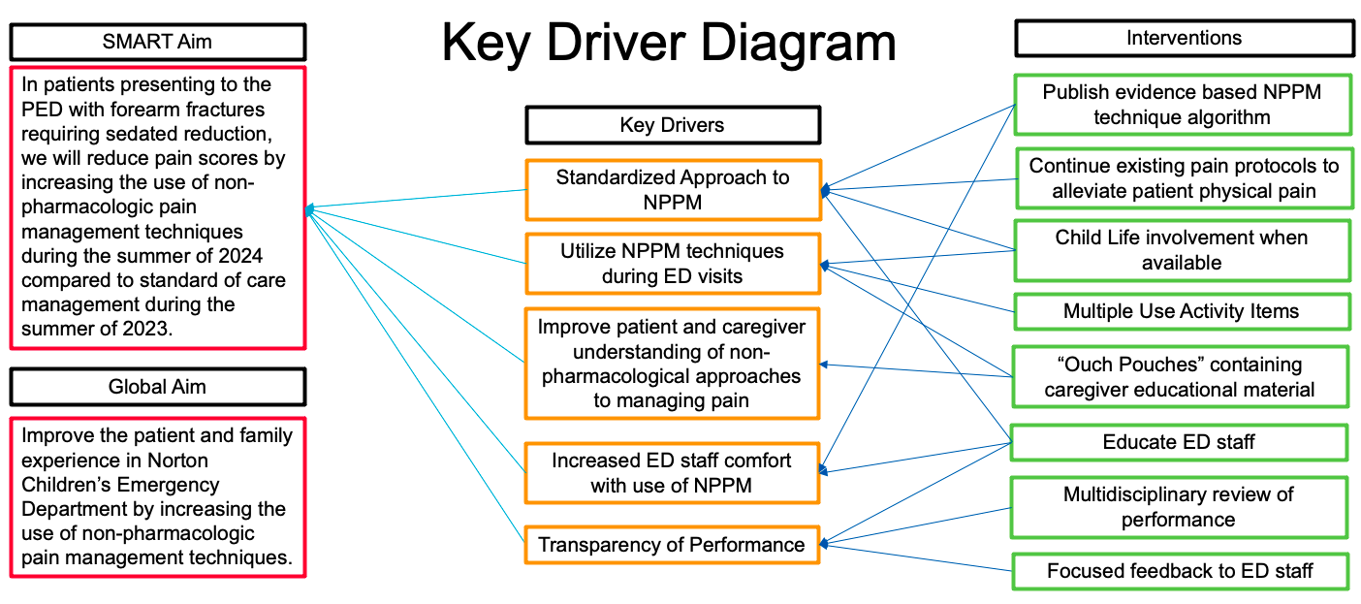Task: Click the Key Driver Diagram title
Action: pos(669,43)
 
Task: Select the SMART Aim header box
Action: pos(158,42)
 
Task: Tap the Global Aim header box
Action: pos(158,387)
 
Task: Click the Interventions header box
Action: pos(1185,38)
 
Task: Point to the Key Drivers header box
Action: pos(673,125)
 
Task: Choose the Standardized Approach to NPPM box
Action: pos(673,190)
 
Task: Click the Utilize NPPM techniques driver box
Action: pos(673,264)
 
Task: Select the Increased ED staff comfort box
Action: pos(672,473)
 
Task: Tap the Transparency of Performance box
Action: pos(672,545)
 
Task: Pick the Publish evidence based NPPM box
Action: pos(1183,105)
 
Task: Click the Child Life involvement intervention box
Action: pos(1183,250)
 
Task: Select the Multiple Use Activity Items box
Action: pos(1182,311)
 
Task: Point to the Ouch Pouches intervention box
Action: pos(1180,377)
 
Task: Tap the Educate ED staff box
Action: pos(1179,442)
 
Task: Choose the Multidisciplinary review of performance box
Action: pos(1179,507)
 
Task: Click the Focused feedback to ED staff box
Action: pos(1180,571)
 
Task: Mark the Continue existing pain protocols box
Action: pos(1185,178)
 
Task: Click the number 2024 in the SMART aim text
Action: pos(240,256)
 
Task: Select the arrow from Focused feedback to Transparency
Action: pos(916,557)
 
